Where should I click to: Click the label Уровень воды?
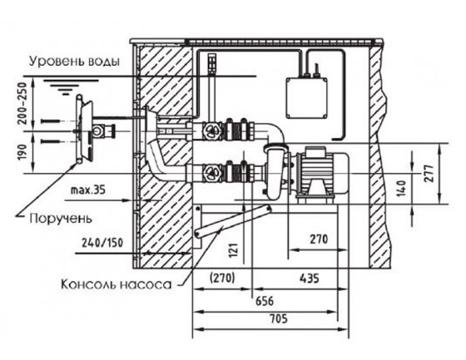75,62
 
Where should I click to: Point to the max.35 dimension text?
88,190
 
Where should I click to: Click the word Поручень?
61,219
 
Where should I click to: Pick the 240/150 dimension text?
102,243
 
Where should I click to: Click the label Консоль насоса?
116,284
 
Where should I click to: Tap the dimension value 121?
234,249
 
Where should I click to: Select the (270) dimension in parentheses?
222,278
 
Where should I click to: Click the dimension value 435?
310,279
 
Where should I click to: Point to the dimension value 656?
265,301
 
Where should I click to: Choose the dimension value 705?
279,319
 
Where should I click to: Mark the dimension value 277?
429,173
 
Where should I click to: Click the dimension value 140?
401,188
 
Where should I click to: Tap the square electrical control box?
307,98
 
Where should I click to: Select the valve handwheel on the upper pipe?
211,131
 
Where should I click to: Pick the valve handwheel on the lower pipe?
211,173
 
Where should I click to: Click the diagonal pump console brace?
232,221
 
